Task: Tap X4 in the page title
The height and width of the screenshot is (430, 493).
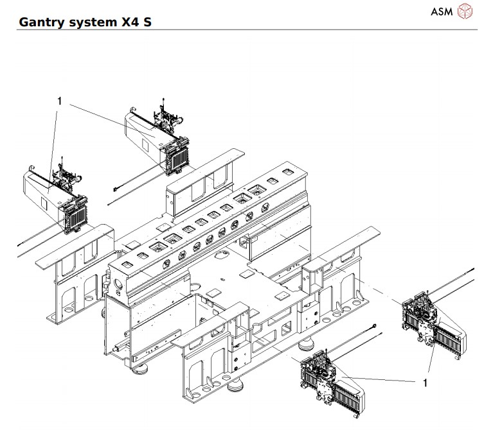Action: point(131,22)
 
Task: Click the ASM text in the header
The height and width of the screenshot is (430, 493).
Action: point(443,12)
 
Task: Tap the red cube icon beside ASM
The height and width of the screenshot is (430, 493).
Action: point(464,12)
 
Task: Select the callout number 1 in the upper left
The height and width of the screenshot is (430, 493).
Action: point(59,101)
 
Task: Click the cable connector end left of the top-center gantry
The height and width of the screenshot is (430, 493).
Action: point(114,188)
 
